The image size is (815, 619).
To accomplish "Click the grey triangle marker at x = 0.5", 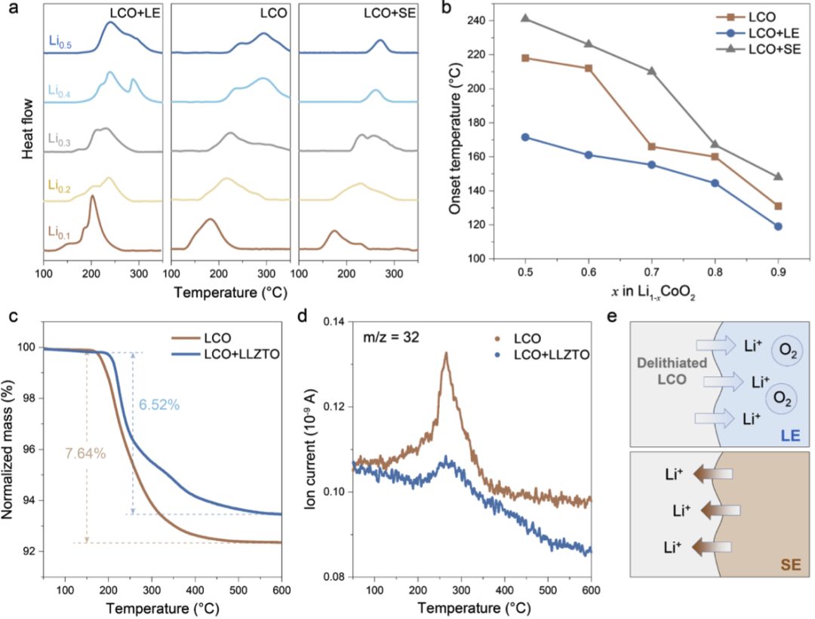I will pyautogui.click(x=524, y=18).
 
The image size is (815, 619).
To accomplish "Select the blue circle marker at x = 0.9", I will pyautogui.click(x=777, y=226).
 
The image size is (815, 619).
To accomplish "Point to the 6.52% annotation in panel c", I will pyautogui.click(x=158, y=405).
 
